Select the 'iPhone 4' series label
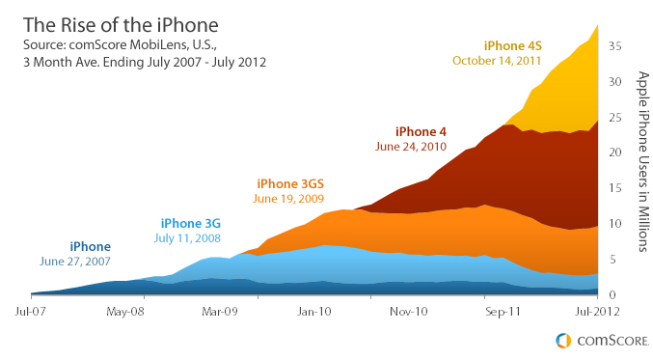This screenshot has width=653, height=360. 421,131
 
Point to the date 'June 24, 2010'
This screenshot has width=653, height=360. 412,147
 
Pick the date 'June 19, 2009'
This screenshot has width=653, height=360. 288,199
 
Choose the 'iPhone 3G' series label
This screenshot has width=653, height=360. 191,223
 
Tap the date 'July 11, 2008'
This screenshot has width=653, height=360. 188,237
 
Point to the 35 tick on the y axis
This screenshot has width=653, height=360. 614,45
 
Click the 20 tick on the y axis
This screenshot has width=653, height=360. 614,152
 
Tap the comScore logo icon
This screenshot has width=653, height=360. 562,341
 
